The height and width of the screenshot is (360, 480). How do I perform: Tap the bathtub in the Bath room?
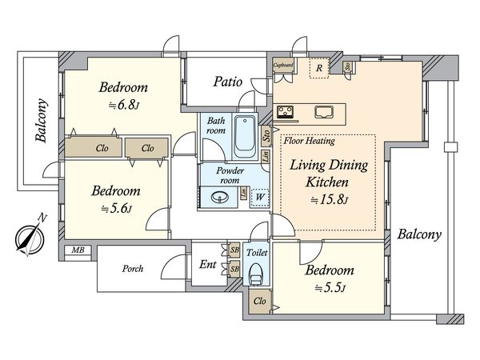pos(245,137)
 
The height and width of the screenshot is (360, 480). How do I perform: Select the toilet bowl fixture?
pos(256,274)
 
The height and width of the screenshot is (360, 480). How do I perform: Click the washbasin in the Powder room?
pos(220,197)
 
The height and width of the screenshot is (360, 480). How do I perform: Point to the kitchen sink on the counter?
pos(324,112)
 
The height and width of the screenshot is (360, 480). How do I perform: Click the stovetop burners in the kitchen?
pos(285,112)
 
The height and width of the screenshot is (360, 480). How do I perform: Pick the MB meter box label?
pos(78,250)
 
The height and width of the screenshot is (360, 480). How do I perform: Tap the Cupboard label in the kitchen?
pos(283,65)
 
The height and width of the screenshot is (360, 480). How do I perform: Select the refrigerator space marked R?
pos(319,68)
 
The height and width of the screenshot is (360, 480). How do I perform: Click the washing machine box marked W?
pos(259,197)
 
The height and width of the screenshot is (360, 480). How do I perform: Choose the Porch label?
pos(133,269)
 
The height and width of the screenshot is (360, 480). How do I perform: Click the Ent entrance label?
pos(207,264)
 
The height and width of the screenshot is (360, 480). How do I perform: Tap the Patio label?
pos(228,82)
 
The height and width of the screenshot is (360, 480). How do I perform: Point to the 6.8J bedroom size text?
pos(124,106)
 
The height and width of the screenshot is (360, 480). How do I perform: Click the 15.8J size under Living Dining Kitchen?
pos(329,200)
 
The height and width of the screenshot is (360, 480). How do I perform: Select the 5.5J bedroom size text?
pos(330,288)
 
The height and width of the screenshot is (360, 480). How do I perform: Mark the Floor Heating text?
pos(309,141)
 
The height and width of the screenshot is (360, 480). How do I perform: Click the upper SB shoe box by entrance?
pos(234,250)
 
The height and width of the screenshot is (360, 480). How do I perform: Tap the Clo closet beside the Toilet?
pos(259,302)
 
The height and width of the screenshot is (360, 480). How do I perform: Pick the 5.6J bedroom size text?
pos(117,209)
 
